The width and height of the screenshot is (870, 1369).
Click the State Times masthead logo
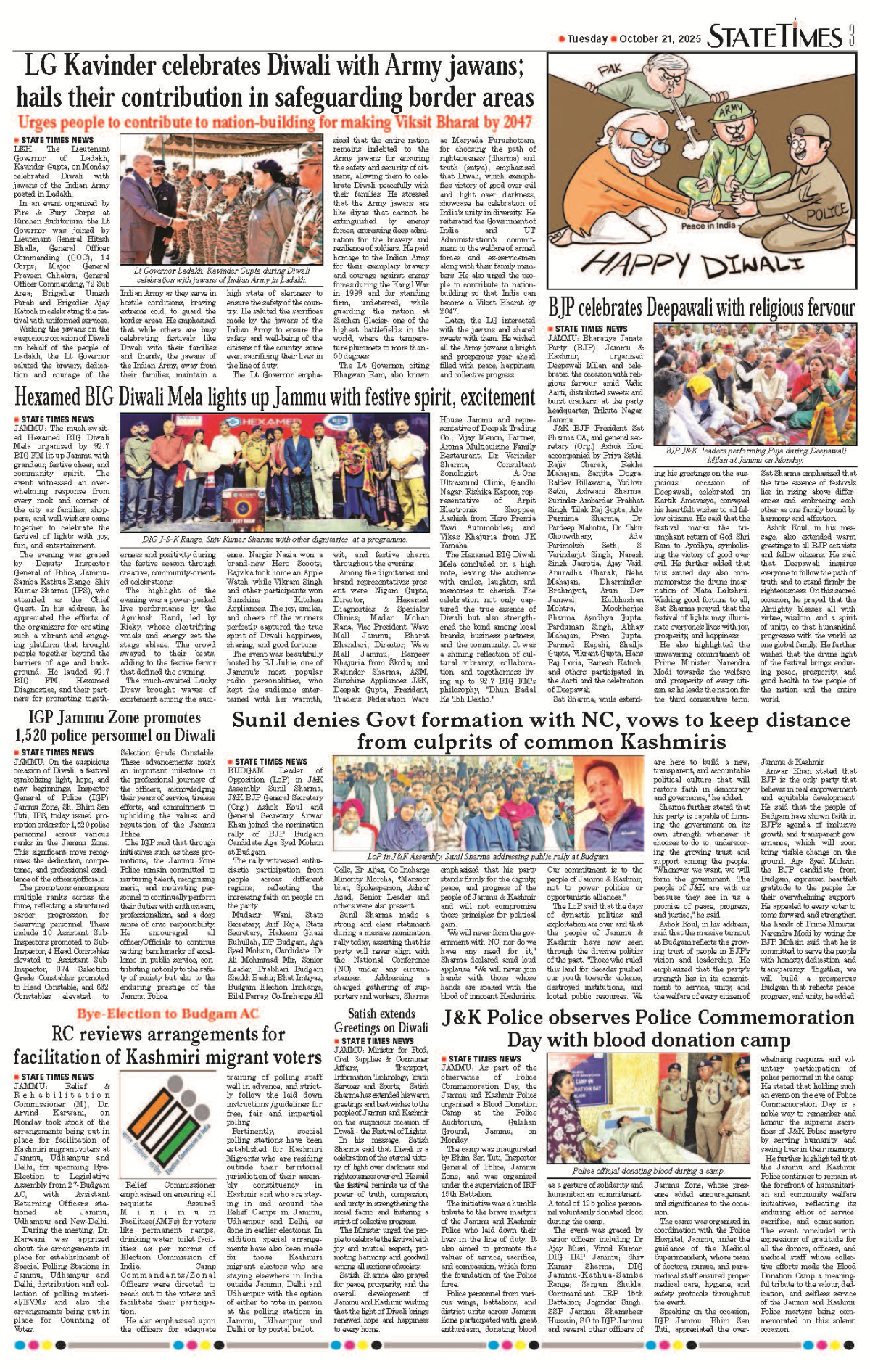[775, 36]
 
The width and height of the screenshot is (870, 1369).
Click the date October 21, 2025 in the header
[660, 38]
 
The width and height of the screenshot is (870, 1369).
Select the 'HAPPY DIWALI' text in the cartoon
[703, 264]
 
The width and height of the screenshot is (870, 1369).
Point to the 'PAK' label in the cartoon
[610, 70]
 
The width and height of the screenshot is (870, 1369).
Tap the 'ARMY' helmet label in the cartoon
[730, 110]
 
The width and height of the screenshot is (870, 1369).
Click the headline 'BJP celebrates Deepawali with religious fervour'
[701, 308]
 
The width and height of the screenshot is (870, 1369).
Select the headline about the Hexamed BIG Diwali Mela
[274, 398]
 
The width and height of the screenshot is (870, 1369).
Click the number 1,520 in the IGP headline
[37, 734]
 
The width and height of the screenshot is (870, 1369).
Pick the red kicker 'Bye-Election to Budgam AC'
[167, 1014]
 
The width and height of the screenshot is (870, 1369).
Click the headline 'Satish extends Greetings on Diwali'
[381, 1020]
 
